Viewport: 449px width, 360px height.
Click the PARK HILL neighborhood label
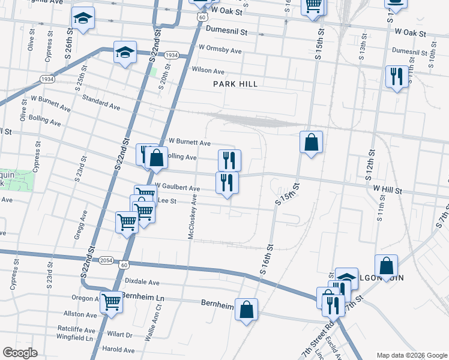pyautogui.click(x=235, y=84)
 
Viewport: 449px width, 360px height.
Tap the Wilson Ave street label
pyautogui.click(x=208, y=70)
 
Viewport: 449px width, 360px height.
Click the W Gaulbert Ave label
pyautogui.click(x=177, y=187)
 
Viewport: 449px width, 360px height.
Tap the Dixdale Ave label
pyautogui.click(x=142, y=281)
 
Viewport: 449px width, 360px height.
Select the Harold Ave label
pyautogui.click(x=118, y=349)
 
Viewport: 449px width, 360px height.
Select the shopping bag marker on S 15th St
pyautogui.click(x=311, y=143)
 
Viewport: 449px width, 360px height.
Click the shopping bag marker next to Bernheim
pyautogui.click(x=246, y=310)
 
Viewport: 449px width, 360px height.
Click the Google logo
pyautogui.click(x=20, y=353)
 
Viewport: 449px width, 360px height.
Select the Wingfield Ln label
pyautogui.click(x=71, y=338)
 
